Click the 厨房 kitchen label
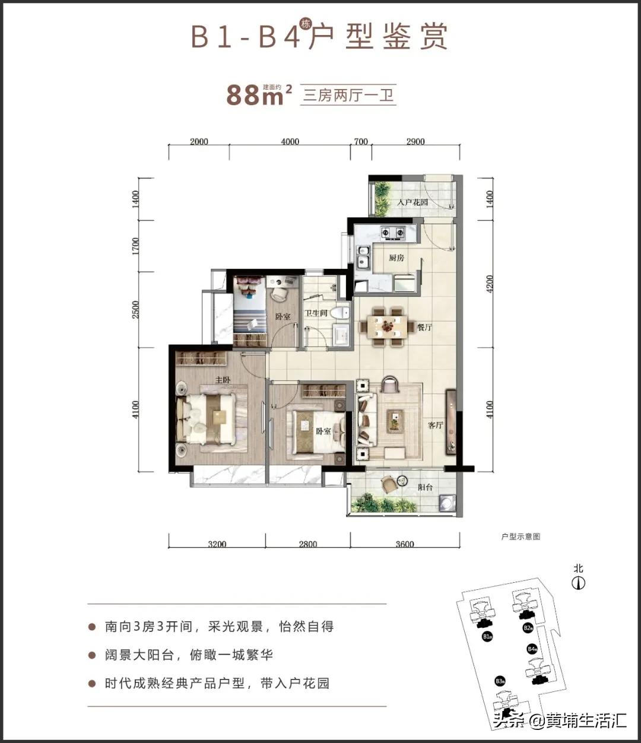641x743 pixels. tap(396, 258)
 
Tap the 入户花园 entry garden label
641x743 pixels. tap(412, 203)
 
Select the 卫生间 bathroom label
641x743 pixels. tap(316, 313)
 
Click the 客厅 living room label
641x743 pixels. tap(436, 425)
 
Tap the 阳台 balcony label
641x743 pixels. tap(425, 487)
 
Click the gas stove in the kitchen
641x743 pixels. tap(392, 233)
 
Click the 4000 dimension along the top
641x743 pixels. tap(290, 142)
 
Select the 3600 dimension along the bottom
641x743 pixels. tap(404, 544)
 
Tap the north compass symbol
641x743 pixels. tap(579, 583)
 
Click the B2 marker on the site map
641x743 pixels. tap(527, 627)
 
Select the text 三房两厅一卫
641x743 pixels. tap(349, 95)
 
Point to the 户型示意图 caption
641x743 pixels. tap(521, 536)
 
